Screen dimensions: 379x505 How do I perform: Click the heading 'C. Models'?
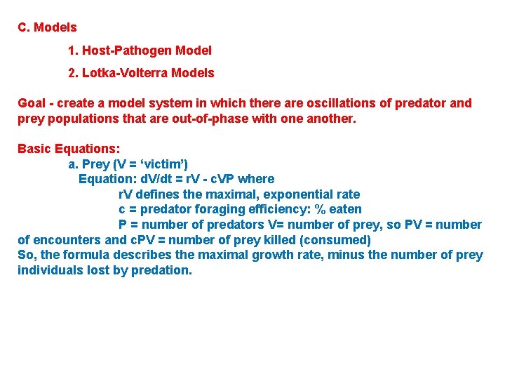pyautogui.click(x=47, y=27)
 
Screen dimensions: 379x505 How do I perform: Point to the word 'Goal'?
pyautogui.click(x=32, y=103)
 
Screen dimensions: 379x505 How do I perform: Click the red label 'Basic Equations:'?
pyautogui.click(x=69, y=149)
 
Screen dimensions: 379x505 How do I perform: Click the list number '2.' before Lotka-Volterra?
pyautogui.click(x=74, y=73)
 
